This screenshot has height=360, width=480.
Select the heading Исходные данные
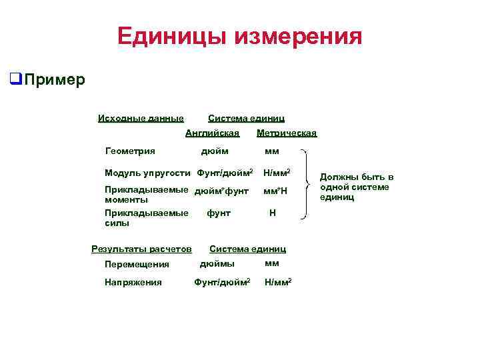[x=141, y=119]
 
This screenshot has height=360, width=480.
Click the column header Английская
[x=212, y=133]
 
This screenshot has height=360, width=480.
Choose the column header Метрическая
[x=287, y=133]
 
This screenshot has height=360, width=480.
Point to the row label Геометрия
[x=130, y=151]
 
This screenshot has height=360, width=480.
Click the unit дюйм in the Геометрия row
[x=215, y=151]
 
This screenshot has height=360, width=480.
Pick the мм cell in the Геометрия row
[x=272, y=151]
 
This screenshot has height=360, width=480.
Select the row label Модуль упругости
[x=148, y=173]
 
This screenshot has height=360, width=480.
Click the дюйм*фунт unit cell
[x=221, y=192]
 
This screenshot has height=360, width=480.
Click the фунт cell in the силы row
[x=219, y=213]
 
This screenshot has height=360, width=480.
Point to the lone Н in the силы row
[x=272, y=213]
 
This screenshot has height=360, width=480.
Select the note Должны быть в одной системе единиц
[x=357, y=187]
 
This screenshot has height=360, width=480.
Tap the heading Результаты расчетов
[x=141, y=249]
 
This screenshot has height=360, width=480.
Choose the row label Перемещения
[x=137, y=265]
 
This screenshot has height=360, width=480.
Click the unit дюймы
[x=217, y=263]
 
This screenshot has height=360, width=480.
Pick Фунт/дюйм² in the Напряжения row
[x=222, y=282]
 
